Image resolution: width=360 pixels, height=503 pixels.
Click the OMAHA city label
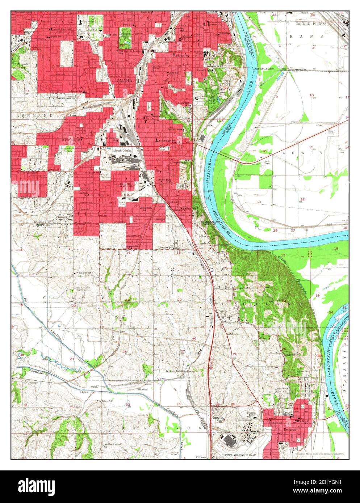click(x=124, y=80)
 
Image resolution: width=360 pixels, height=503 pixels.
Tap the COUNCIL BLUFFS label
click(x=311, y=24)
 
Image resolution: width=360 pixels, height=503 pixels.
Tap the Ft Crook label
click(x=201, y=457)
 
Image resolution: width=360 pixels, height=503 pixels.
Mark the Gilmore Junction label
click(x=176, y=371)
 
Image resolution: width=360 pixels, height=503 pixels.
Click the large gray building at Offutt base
click(x=229, y=440)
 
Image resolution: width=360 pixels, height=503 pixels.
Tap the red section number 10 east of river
click(x=311, y=95)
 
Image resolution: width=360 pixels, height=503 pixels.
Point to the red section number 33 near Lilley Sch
click(x=127, y=405)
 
